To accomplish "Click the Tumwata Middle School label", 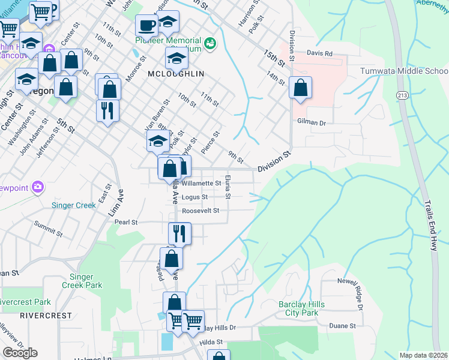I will coord(403,71).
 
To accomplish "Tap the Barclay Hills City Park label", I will coord(301,308).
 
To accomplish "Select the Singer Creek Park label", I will coord(86,281).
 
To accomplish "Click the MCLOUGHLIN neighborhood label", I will coord(176,73).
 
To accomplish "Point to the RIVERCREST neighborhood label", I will coord(46,315).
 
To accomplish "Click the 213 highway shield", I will coord(402,95).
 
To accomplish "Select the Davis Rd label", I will coord(319,53).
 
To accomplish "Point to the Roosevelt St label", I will coord(200,211).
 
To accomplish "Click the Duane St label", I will coord(342,326).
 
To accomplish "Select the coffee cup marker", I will coord(146,26).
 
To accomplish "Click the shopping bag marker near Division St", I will coord(300,88).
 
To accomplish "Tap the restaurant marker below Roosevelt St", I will coord(179,233).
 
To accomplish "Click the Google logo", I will coord(20,353).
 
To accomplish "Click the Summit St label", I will coord(49,226).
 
